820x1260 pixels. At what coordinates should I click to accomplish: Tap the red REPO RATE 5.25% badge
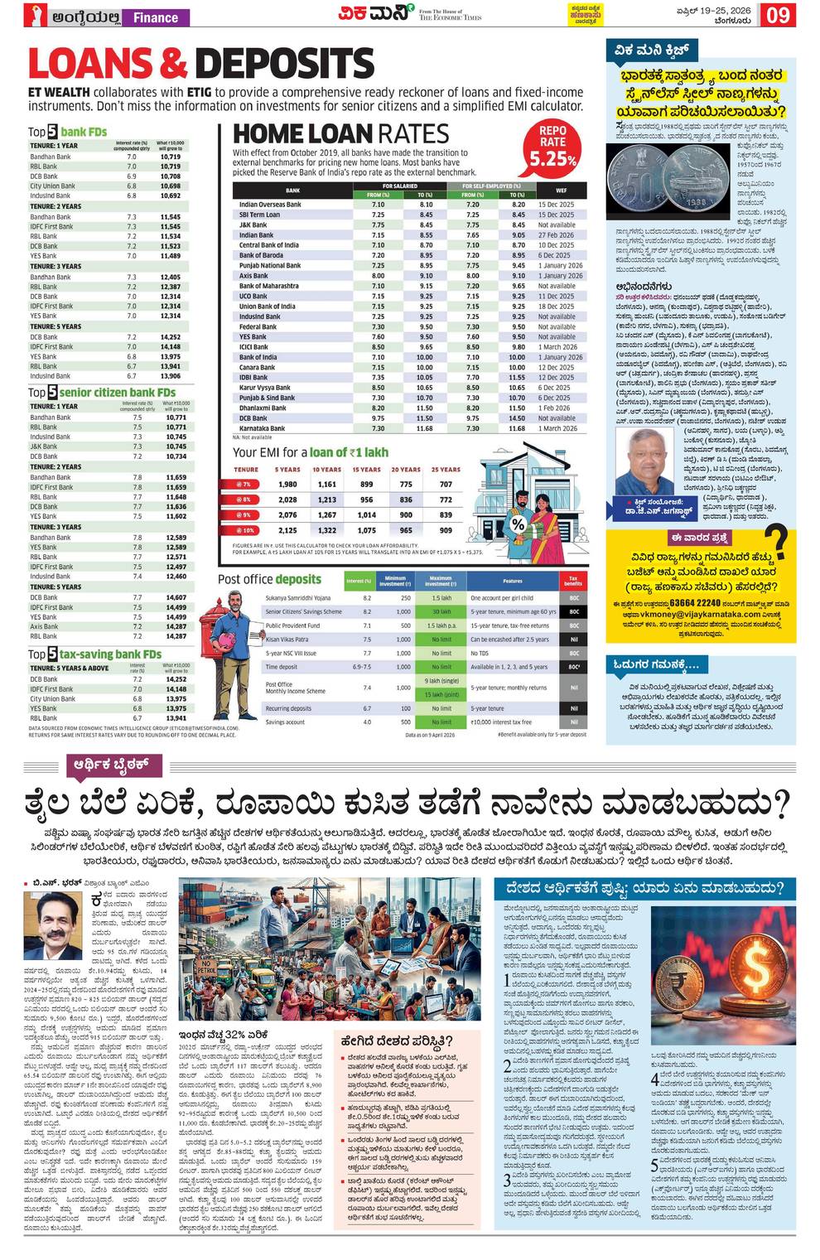(x=552, y=146)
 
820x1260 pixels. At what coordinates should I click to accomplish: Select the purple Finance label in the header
(x=156, y=17)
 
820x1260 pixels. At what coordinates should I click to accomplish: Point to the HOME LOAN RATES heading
(x=340, y=133)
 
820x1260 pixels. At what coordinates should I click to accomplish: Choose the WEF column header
(x=561, y=191)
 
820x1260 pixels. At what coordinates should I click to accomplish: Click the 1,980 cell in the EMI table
(x=287, y=484)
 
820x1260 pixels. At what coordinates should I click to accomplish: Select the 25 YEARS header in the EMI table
(x=446, y=470)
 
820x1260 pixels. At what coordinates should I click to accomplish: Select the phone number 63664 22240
(x=695, y=603)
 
